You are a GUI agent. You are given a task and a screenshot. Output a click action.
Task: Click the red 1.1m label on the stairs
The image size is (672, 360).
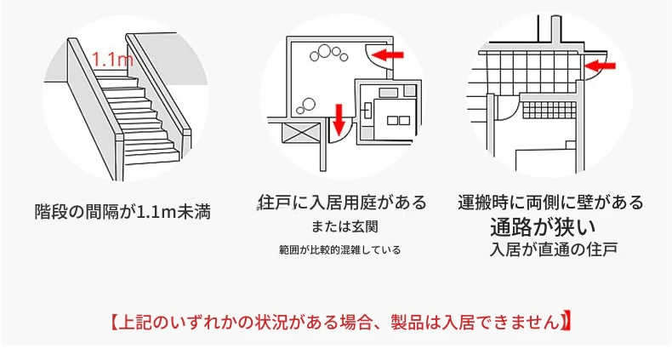[x=113, y=59]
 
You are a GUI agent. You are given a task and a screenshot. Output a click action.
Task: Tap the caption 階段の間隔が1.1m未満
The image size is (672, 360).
[x=122, y=212]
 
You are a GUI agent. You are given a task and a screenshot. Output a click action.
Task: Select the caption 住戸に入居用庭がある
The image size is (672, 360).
[x=343, y=203]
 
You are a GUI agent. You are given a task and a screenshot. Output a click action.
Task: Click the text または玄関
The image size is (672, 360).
[x=345, y=226]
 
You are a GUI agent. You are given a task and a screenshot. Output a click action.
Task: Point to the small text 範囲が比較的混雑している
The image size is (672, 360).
[x=340, y=249]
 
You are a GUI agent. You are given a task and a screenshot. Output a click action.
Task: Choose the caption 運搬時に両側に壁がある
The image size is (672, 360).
[x=550, y=202]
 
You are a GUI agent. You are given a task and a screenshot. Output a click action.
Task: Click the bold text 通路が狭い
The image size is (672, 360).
[x=543, y=227]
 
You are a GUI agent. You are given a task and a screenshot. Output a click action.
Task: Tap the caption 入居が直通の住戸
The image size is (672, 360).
[x=554, y=249]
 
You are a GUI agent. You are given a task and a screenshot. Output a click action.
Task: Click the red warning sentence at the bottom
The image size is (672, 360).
[x=341, y=322]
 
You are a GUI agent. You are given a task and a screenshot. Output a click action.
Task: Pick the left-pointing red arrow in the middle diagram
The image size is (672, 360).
[x=388, y=54]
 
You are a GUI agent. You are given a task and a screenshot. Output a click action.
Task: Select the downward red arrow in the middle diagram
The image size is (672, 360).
[x=339, y=119]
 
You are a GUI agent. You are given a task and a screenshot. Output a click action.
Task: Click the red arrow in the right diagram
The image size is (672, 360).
[x=600, y=66]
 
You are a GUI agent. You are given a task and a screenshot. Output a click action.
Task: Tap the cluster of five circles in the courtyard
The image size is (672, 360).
[x=328, y=54]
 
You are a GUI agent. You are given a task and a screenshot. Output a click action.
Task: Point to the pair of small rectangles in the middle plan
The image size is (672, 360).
[x=398, y=121]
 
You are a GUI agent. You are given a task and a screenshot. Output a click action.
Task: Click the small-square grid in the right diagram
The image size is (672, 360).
[x=550, y=110]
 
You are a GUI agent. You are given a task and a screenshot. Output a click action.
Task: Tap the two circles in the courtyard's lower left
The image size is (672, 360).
[x=306, y=106]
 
